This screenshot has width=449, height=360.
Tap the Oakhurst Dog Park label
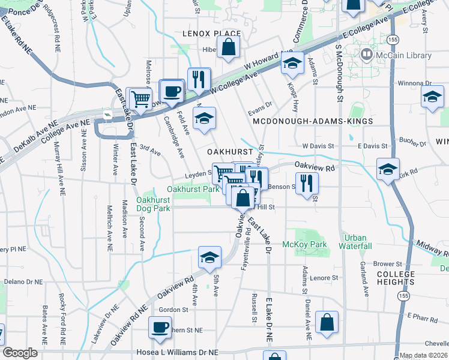pos(153,204)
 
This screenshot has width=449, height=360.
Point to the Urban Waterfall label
pos(355,242)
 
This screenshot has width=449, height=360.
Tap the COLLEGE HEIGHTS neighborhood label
pos(396,279)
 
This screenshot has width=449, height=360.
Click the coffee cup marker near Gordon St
pos(160,328)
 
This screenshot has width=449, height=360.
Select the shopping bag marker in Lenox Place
pos(229,47)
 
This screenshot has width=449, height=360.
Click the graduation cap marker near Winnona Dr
pos(433,97)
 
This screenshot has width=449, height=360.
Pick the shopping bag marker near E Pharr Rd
pos(328,322)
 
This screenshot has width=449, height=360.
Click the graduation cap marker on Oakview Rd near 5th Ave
pos(209,257)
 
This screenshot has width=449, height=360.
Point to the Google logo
pos(20,353)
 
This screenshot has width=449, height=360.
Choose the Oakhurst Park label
pos(193,189)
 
